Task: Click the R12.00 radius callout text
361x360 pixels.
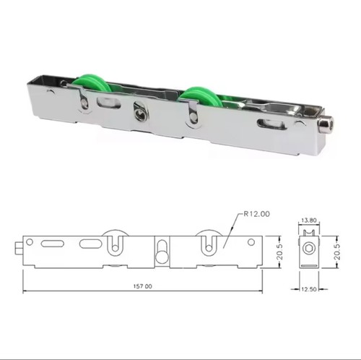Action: (x=256, y=214)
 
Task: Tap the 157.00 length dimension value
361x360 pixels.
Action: (x=143, y=286)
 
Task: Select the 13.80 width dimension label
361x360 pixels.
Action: (x=309, y=220)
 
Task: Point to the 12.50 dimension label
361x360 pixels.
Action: (x=309, y=289)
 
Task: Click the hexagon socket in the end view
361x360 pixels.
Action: (x=309, y=248)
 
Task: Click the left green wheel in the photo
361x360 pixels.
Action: (x=92, y=85)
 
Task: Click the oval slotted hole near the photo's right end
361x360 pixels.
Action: (x=271, y=124)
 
